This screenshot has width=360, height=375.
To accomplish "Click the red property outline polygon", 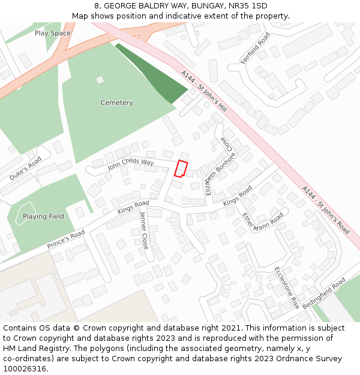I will point(181,169).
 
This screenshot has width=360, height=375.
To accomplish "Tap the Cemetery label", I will point(116,103).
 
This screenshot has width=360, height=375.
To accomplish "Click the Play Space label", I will point(52,33).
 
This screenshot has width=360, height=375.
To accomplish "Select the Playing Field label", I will point(43,216).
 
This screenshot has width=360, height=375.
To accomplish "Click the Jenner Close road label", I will point(144,230).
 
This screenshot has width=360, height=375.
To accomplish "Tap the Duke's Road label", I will point(25,169).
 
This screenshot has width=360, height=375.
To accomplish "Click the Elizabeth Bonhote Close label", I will point(217,166).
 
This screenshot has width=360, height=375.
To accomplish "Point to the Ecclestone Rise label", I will point(287,288).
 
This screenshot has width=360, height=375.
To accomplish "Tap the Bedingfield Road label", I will point(324,293).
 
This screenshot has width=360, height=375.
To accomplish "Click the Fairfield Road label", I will point(255,48).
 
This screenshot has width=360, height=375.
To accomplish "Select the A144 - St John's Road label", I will point(325,209).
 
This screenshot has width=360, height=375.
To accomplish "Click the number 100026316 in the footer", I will point(26,369).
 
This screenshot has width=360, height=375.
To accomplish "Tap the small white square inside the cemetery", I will point(100,80).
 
